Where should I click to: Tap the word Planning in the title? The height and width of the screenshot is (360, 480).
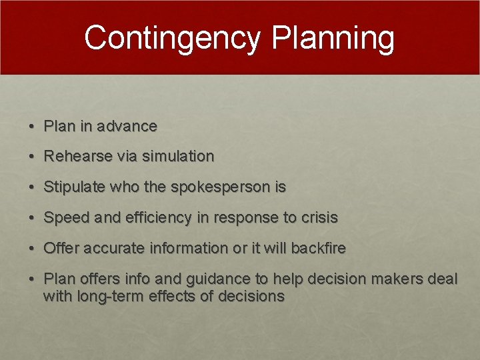click(x=333, y=38)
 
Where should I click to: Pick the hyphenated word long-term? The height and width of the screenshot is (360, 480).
click(x=103, y=296)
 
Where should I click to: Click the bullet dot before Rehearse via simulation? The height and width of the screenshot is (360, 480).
click(x=32, y=157)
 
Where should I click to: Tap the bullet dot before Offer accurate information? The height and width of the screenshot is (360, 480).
click(x=32, y=249)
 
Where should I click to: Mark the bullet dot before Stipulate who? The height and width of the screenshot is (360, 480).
click(x=32, y=188)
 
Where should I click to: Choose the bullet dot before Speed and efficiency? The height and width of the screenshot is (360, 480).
click(x=32, y=219)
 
